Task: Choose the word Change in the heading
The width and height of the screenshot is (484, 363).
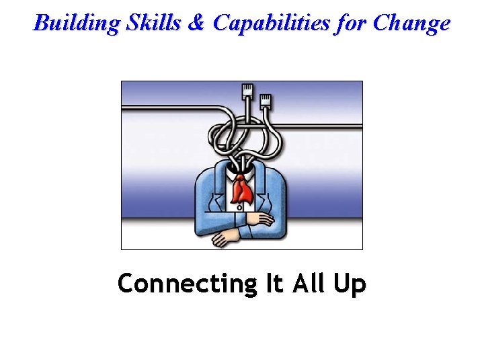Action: coord(411,24)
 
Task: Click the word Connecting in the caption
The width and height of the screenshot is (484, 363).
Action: coord(184,284)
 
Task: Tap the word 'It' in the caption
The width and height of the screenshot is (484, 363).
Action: coord(274,284)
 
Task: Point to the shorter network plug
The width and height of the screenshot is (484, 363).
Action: coord(265,101)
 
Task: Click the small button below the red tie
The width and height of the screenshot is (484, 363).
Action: coord(240,208)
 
